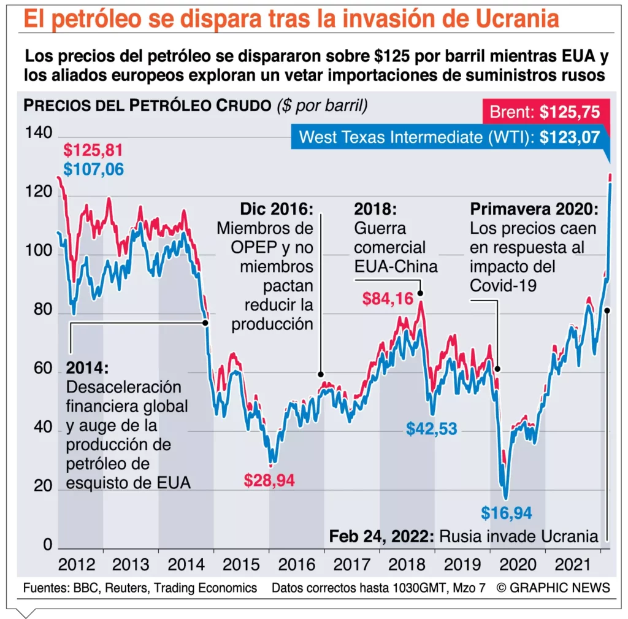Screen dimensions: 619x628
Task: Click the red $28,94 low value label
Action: coord(269,480)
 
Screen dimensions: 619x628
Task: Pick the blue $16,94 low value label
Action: coord(506,512)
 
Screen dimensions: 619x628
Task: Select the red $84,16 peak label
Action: coord(388,299)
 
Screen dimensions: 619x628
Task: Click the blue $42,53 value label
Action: coord(432,428)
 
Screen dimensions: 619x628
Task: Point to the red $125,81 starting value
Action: coord(93,150)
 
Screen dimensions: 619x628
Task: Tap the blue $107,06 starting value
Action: coord(93,169)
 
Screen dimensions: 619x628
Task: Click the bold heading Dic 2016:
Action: coord(276,209)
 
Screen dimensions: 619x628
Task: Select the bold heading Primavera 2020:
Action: coord(534,209)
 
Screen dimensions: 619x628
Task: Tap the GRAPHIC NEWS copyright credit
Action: coord(553,588)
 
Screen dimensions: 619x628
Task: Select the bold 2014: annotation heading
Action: coord(87,368)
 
